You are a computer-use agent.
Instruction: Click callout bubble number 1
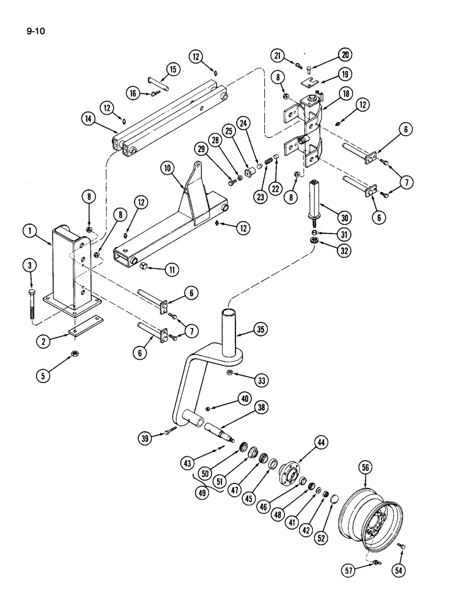coord(28,232)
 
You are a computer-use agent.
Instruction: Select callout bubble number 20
coord(345,55)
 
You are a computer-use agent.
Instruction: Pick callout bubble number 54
coord(399,570)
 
